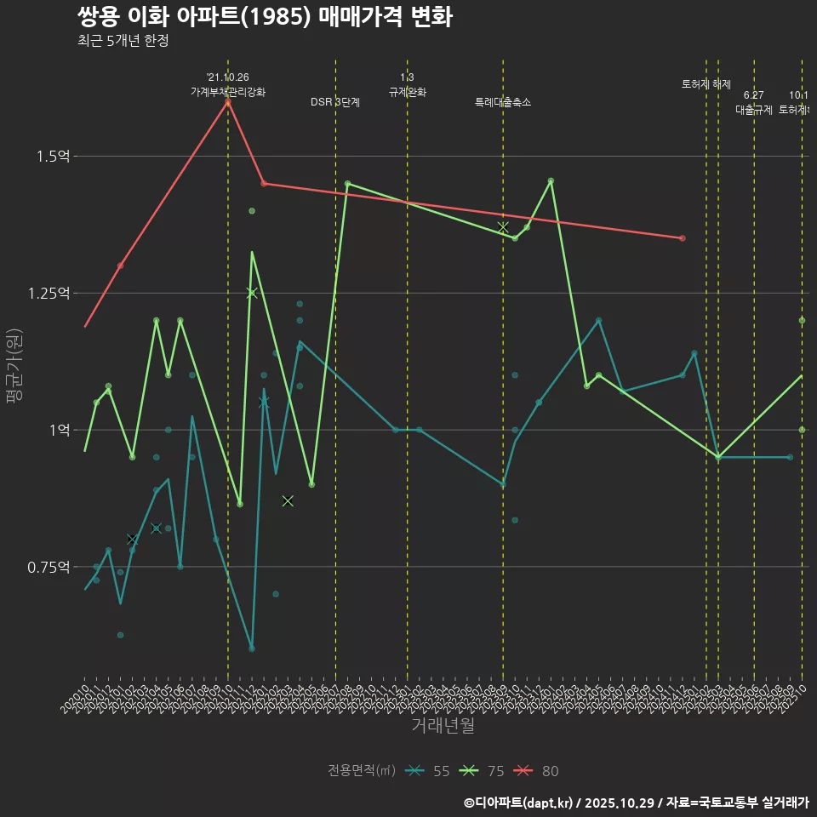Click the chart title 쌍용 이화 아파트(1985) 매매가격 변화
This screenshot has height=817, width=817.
[x=264, y=17]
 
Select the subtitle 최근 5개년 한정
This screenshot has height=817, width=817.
[x=123, y=41]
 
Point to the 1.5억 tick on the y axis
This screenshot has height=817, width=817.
[x=53, y=156]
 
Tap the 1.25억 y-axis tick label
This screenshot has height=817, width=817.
[x=49, y=293]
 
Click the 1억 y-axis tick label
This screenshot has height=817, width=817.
[x=60, y=430]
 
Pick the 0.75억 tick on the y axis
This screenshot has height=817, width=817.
[x=49, y=567]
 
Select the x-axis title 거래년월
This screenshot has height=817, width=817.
[x=443, y=725]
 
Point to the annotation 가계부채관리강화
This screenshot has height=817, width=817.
[x=228, y=92]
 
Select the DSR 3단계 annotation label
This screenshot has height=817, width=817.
[x=335, y=102]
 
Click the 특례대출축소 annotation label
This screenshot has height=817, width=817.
[x=503, y=102]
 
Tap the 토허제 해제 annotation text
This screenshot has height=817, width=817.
[x=706, y=84]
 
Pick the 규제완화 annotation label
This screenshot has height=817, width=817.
[x=407, y=92]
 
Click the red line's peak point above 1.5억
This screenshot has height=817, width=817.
[x=228, y=102]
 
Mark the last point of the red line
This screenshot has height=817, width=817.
[x=683, y=238]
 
